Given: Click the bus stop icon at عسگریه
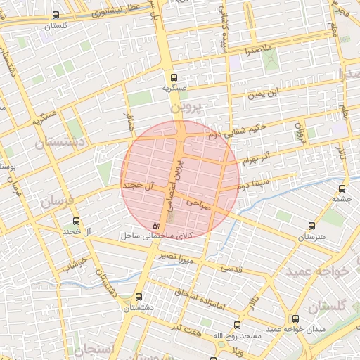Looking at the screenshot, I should tap(174, 78).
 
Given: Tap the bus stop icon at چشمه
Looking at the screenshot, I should tap(342, 188).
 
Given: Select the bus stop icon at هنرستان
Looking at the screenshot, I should tap(311, 226).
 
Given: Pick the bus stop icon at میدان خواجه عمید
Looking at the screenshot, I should tap(295, 319).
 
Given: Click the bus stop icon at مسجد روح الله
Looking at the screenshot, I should tap(236, 325).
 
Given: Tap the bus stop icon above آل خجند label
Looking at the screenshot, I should tap(76, 221).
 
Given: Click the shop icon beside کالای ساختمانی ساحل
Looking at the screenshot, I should tap(156, 226).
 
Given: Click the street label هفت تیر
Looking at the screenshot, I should tap(190, 328).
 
